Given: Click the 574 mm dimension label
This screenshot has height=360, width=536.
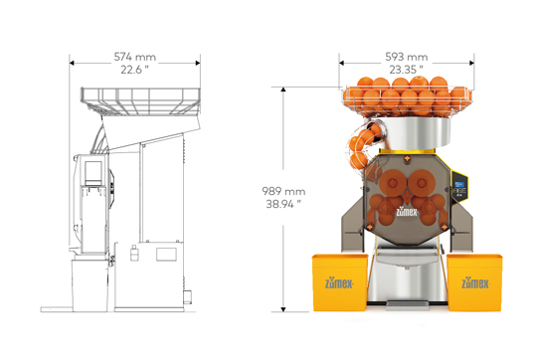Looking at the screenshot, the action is (x=135, y=57).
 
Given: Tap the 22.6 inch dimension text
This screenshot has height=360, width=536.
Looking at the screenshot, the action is (x=134, y=70).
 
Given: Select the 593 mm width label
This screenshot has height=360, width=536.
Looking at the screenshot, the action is (x=407, y=57).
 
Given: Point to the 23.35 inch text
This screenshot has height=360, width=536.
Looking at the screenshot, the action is (x=406, y=70).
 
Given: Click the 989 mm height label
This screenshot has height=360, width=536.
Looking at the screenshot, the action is (x=283, y=191).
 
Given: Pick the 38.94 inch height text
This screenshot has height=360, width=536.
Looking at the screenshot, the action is (x=283, y=204).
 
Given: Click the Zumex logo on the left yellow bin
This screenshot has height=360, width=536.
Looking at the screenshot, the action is (x=339, y=283).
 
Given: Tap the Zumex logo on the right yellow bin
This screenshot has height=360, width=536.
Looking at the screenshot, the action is (x=475, y=283).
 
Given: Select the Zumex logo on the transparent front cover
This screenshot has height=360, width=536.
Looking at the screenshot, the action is (x=407, y=212).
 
